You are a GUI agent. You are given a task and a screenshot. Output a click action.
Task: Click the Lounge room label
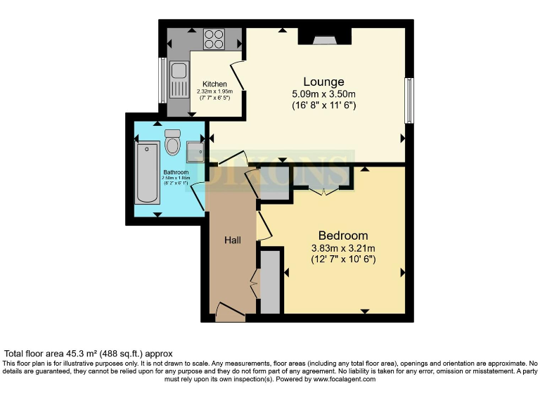pyautogui.click(x=323, y=81)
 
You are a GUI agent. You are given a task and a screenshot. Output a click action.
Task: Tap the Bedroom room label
pyautogui.click(x=342, y=236)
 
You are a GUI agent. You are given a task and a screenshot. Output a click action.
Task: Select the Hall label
pyautogui.click(x=232, y=240)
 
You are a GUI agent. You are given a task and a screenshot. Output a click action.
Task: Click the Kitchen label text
pyautogui.click(x=214, y=84)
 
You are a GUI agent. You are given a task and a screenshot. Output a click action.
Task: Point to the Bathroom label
pyautogui.click(x=176, y=172)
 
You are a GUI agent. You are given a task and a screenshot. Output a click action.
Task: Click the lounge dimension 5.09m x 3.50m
pyautogui.click(x=323, y=94)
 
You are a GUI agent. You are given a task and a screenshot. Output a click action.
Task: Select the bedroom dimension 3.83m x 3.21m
pyautogui.click(x=343, y=247)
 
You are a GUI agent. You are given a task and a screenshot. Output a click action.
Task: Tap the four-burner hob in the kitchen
pyautogui.click(x=214, y=38)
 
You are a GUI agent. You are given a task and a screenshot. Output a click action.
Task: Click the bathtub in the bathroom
pyautogui.click(x=147, y=172)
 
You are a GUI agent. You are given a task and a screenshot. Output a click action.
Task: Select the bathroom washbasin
pyautogui.click(x=195, y=150)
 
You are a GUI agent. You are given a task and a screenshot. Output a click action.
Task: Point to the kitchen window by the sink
pyautogui.click(x=162, y=79)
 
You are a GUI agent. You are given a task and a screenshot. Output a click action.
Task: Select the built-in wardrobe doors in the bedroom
pyautogui.click(x=323, y=188)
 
